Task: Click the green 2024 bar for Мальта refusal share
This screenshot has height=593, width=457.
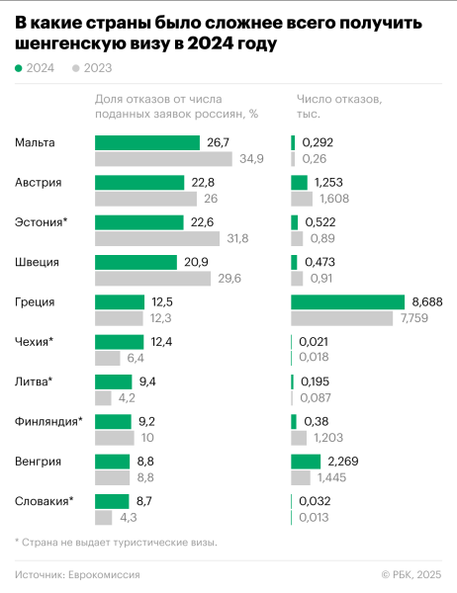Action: pos(146,143)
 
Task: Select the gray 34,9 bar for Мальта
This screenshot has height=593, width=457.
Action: pos(162,159)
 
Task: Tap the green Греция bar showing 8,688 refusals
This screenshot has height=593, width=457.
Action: pos(347,301)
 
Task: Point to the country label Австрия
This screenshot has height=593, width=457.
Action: pos(39,183)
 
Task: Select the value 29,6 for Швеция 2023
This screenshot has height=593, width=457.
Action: pos(228,278)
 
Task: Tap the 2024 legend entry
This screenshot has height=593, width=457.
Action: pos(36,68)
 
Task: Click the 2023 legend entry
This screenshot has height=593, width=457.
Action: pos(92,68)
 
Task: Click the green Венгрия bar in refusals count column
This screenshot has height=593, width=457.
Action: pos(306,460)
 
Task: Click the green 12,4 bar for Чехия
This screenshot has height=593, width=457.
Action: pos(119,341)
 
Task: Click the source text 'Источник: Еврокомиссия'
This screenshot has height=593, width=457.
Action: pos(77,574)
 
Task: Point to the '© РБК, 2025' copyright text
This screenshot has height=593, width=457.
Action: pos(411,574)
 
